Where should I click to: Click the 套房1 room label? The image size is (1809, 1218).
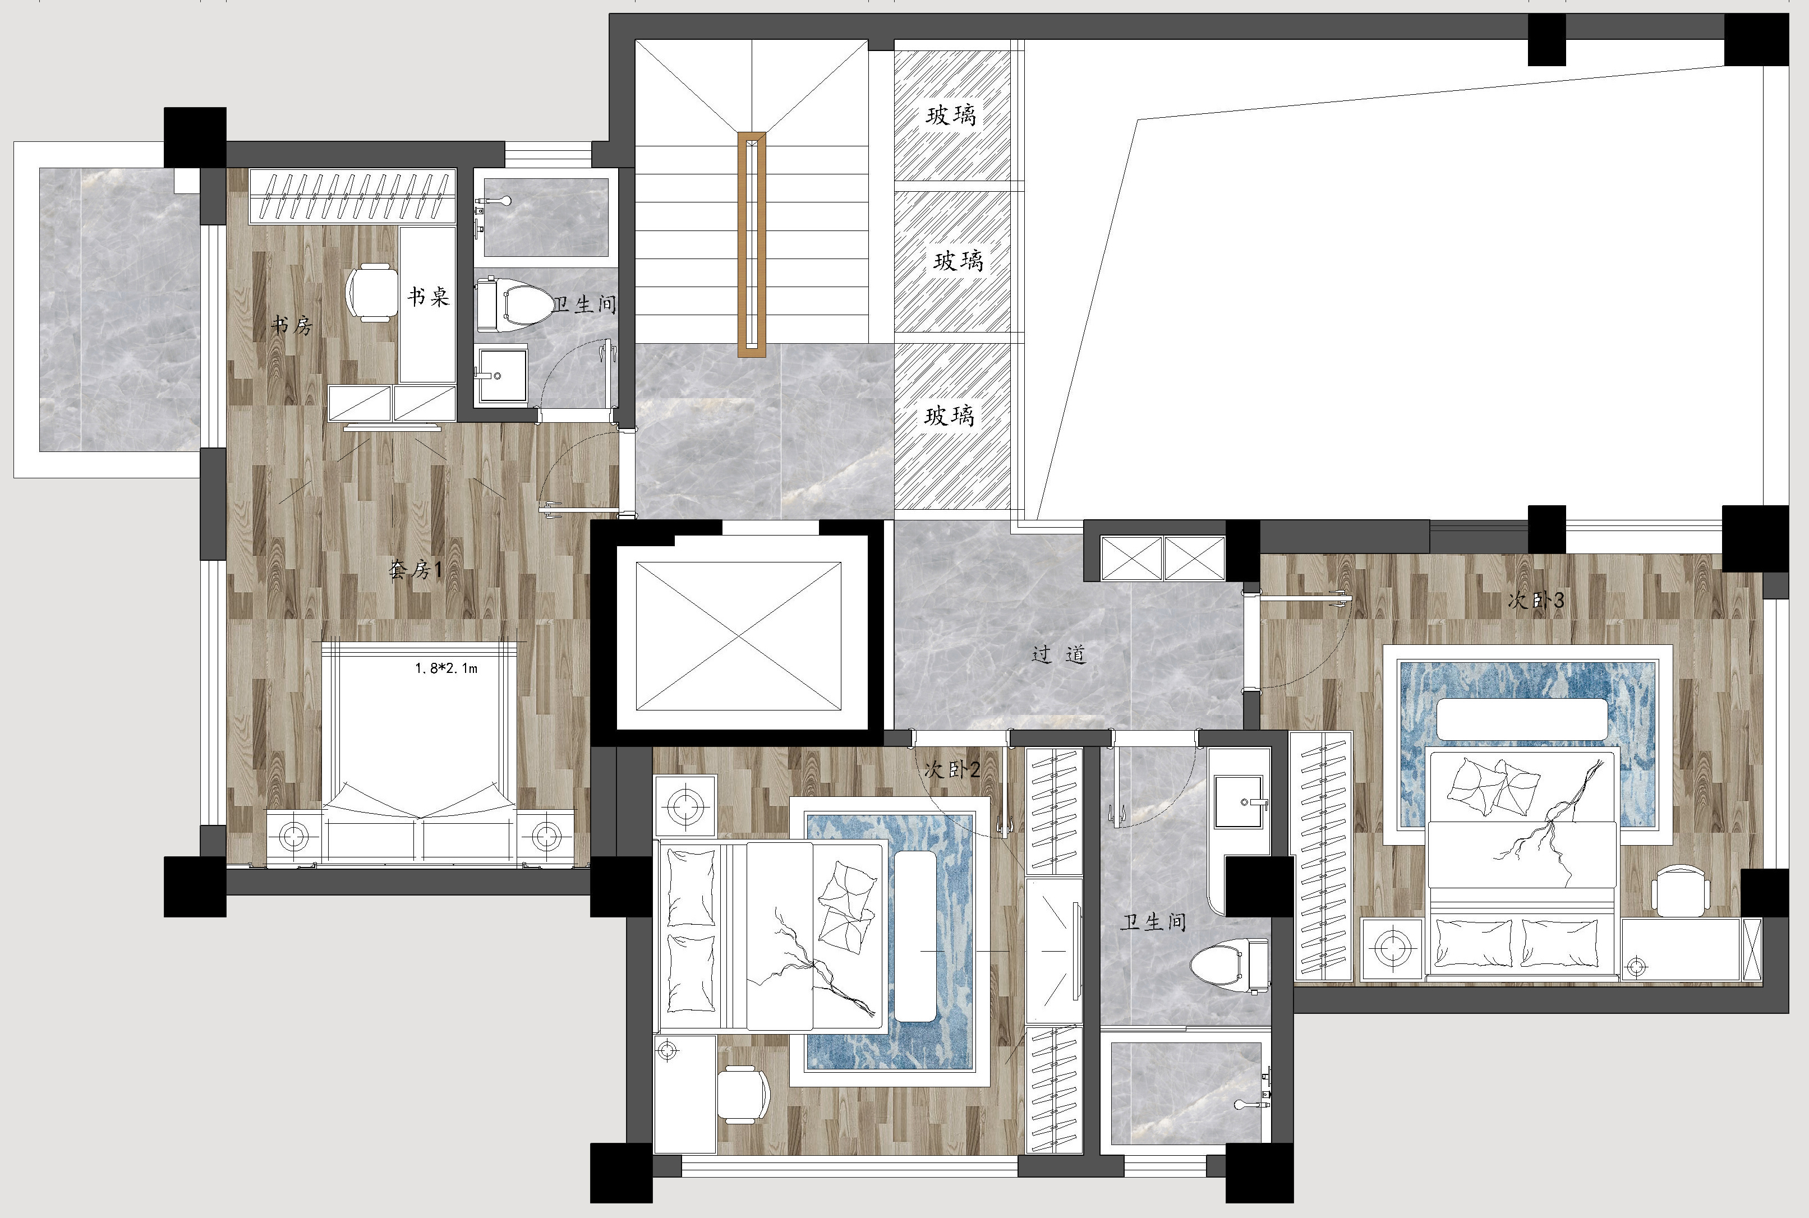click(415, 570)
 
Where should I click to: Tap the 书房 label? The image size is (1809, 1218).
click(291, 325)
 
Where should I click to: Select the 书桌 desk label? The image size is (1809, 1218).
click(428, 296)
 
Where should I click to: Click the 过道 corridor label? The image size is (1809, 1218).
click(1058, 655)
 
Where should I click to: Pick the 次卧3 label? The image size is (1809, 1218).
click(1535, 599)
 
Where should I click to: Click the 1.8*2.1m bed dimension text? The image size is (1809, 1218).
click(446, 668)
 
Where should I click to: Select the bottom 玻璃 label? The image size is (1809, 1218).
click(950, 416)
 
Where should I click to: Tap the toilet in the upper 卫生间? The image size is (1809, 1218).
click(514, 302)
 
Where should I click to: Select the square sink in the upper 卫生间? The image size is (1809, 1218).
click(502, 375)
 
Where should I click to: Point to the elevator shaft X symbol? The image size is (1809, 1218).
click(738, 636)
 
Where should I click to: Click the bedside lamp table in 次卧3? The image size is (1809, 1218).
click(1392, 948)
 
